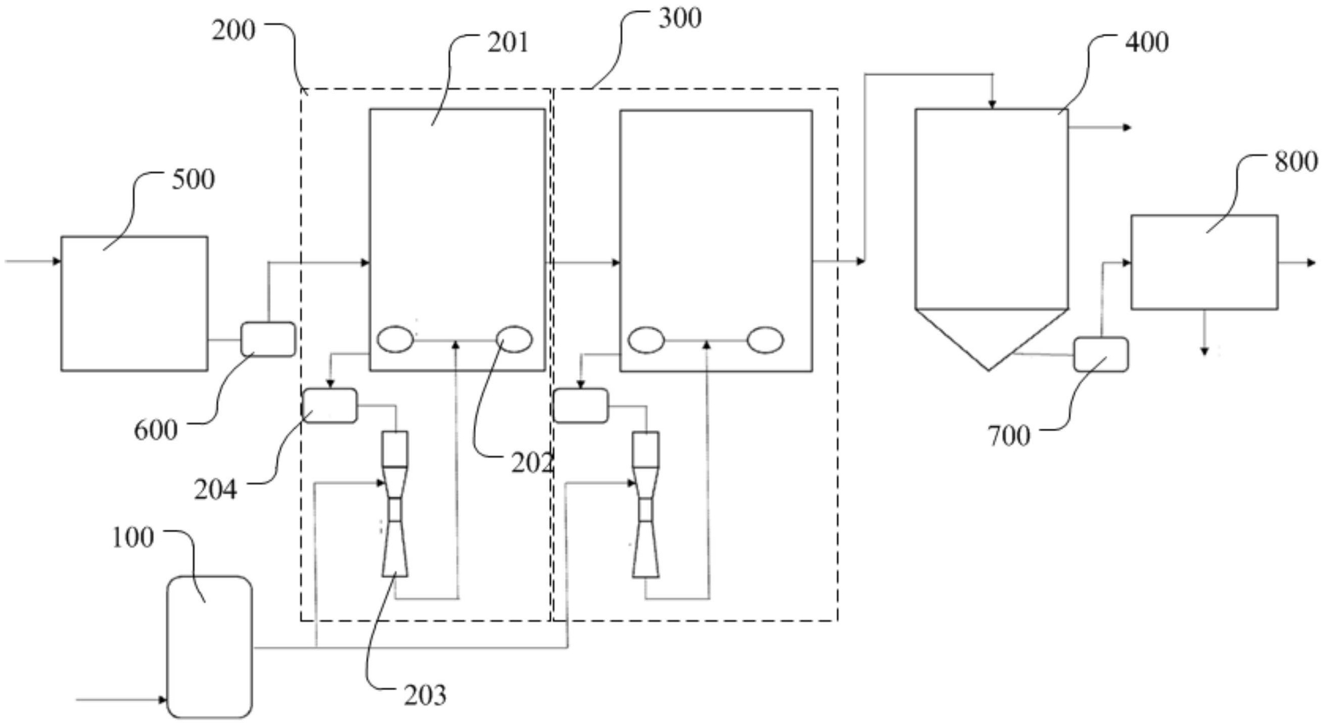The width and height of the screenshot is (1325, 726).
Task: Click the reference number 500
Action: (193, 180)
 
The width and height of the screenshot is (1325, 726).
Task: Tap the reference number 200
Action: (234, 31)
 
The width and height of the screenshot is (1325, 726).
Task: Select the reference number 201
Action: (508, 43)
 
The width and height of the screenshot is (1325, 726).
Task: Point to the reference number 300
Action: (680, 19)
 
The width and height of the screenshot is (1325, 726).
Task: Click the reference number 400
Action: (1147, 43)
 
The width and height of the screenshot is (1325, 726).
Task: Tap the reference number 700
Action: (1009, 436)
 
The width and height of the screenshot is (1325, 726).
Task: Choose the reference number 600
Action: (156, 430)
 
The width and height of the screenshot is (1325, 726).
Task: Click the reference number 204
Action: (216, 490)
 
